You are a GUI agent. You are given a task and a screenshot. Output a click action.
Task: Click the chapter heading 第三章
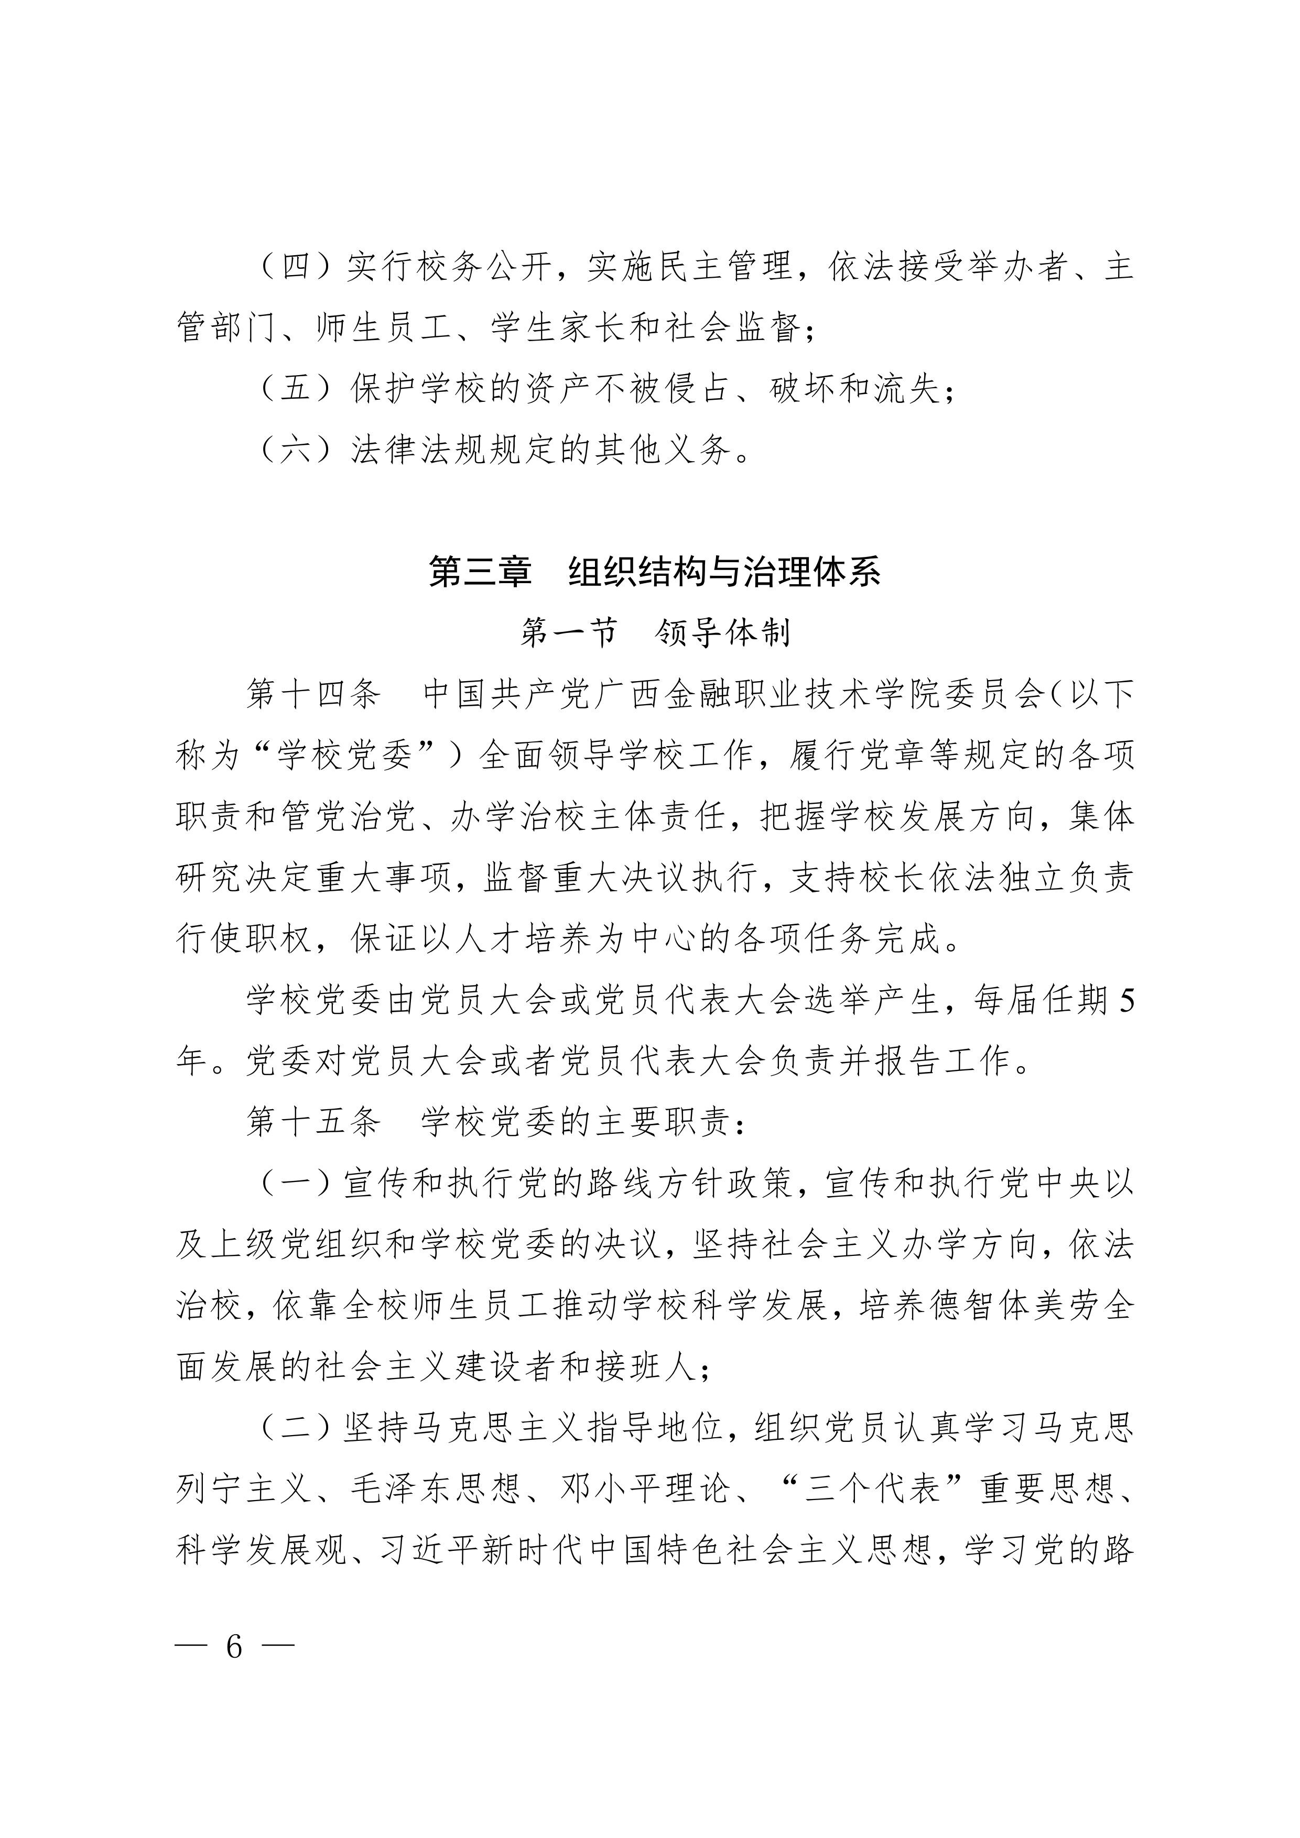click(480, 572)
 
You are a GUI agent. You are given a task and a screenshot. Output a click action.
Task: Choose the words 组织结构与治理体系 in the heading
click(725, 572)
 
